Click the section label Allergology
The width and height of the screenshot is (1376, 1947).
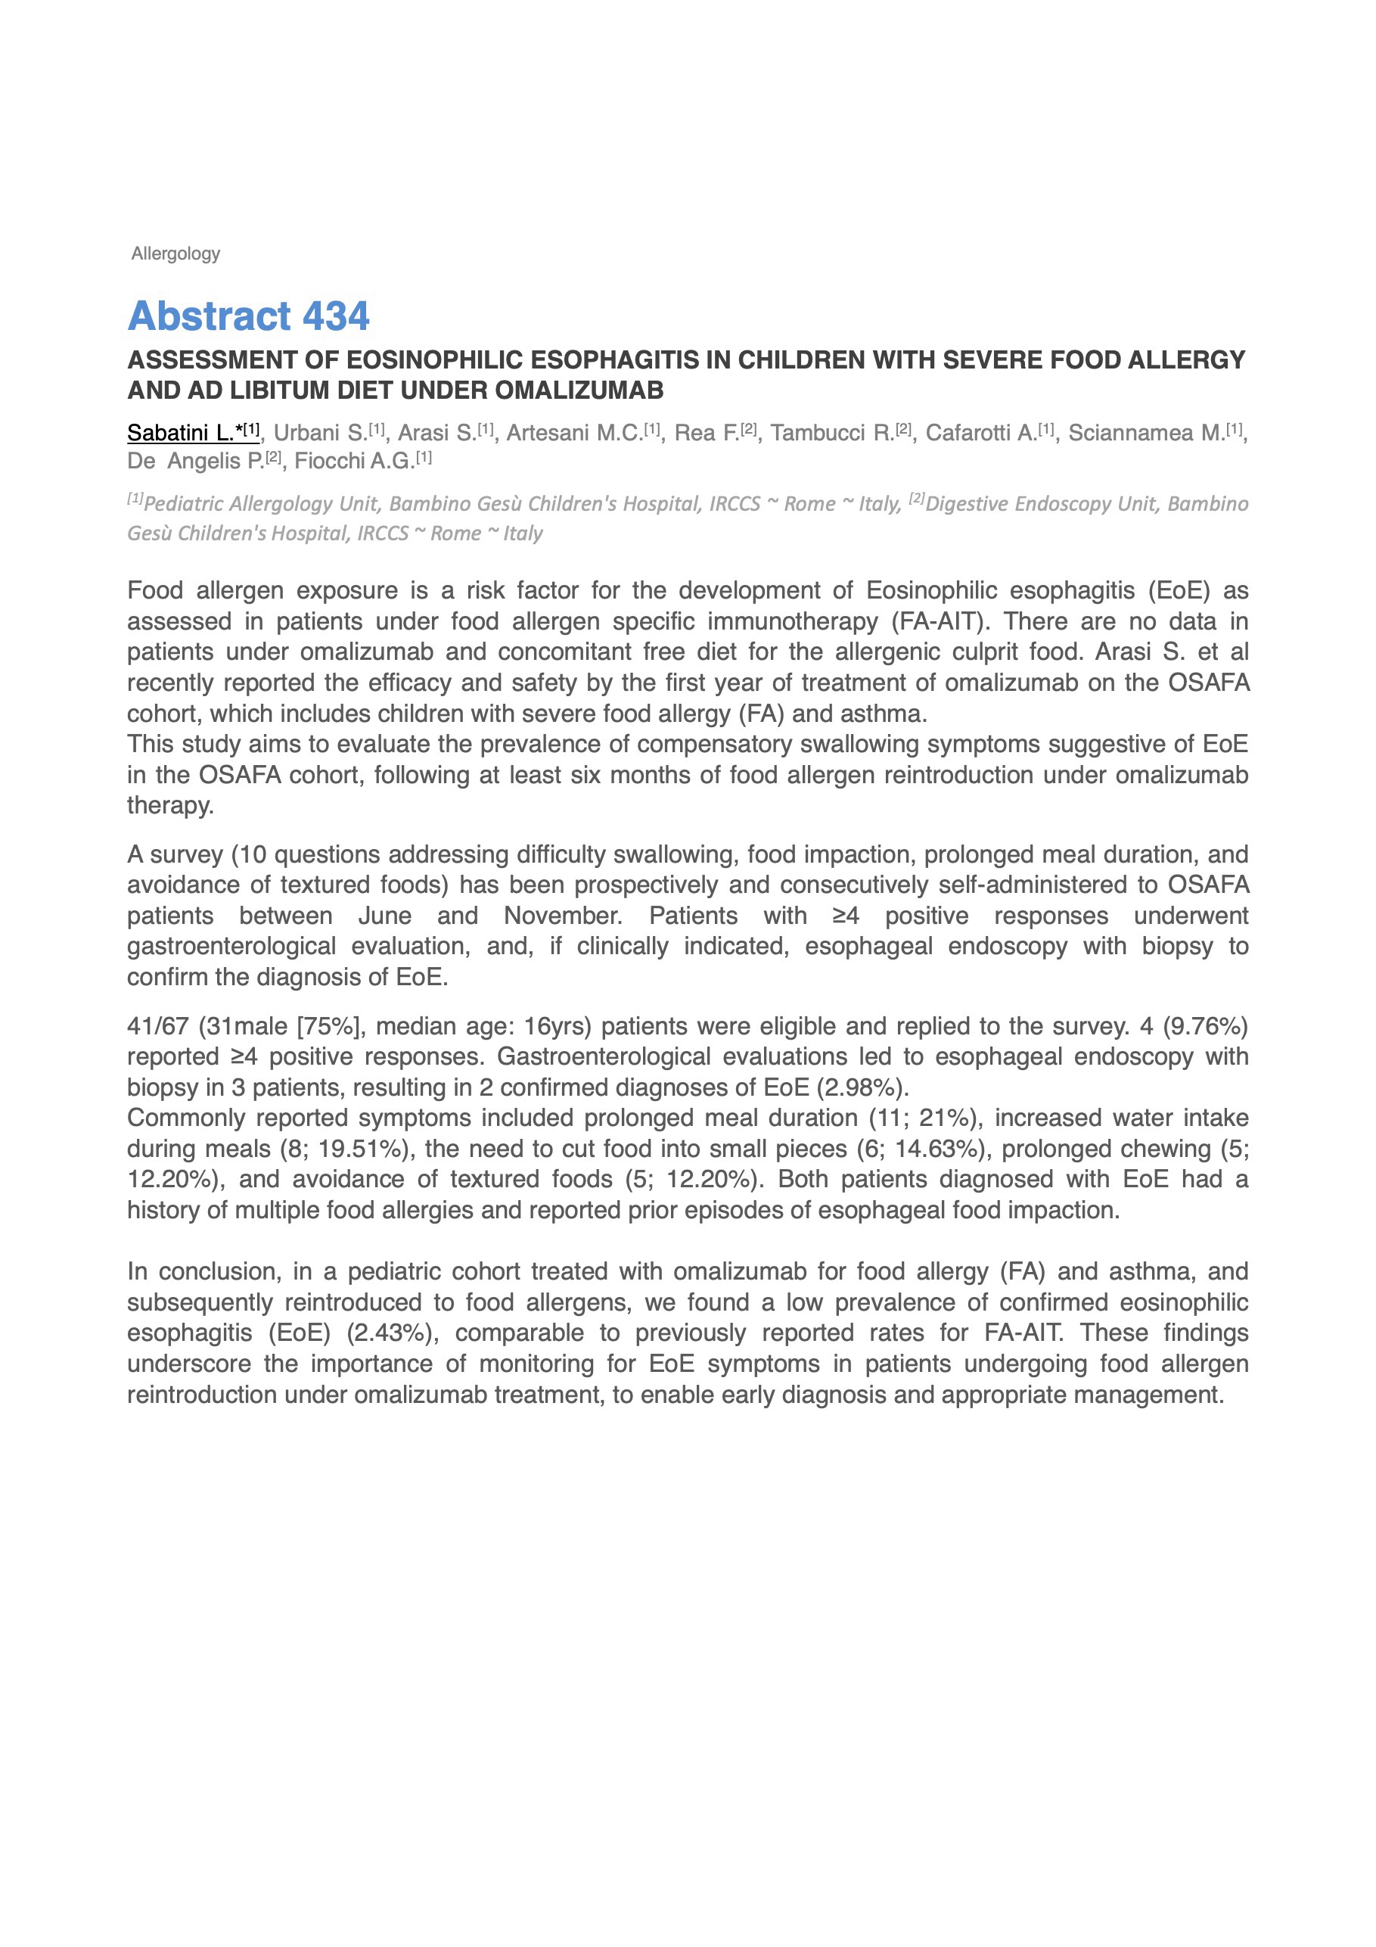click(175, 253)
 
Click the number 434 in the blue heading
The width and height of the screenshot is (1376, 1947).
click(336, 316)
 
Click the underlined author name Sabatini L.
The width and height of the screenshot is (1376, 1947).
click(181, 433)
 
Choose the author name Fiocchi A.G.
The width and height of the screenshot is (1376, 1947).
click(354, 461)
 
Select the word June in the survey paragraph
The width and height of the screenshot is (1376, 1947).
click(385, 916)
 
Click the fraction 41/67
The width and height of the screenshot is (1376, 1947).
click(157, 1026)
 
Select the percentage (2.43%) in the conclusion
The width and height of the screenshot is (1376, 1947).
click(393, 1333)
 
